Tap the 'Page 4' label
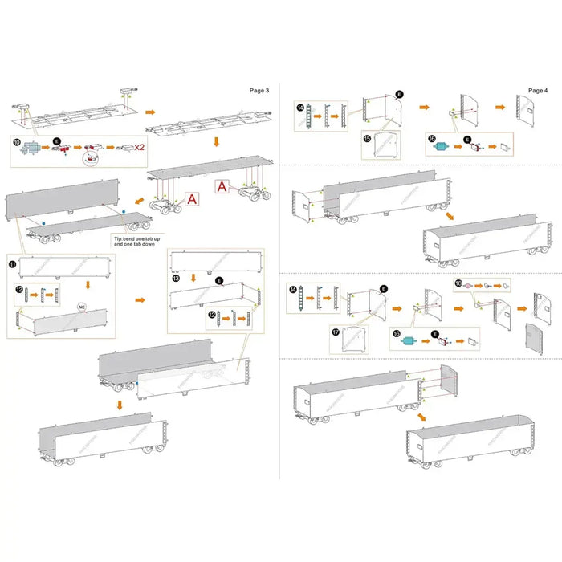(x=539, y=90)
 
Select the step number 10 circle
(x=16, y=142)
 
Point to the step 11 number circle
(x=13, y=263)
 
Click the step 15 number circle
(x=367, y=138)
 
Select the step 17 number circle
(x=335, y=330)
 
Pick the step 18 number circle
(x=458, y=283)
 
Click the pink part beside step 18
(x=473, y=284)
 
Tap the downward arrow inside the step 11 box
(x=65, y=283)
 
